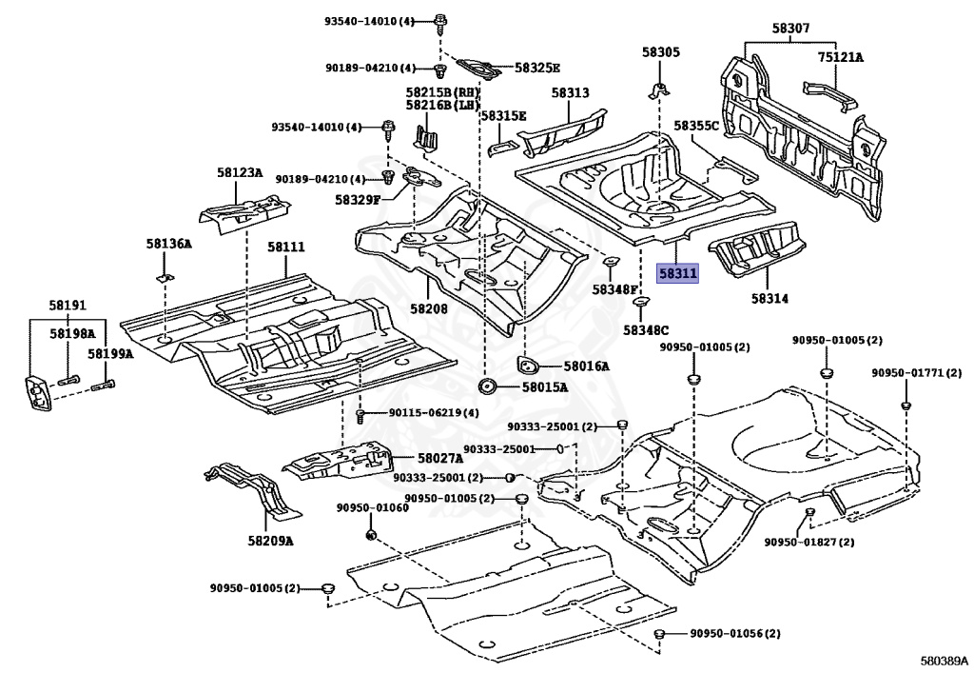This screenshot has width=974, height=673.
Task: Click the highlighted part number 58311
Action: (678, 274)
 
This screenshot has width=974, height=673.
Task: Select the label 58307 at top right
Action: (790, 30)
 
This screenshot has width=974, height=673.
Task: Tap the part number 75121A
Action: (841, 57)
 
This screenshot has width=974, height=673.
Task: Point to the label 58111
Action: (285, 247)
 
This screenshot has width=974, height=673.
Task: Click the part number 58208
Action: (429, 308)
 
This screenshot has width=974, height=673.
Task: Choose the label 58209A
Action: (270, 541)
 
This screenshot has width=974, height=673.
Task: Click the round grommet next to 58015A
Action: (488, 386)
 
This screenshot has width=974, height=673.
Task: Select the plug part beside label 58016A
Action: (526, 366)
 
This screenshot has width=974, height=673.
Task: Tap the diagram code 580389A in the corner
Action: (945, 659)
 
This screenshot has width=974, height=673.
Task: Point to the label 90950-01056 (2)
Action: (734, 634)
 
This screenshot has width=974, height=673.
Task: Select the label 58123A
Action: (239, 172)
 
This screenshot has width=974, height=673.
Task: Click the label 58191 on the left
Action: (68, 306)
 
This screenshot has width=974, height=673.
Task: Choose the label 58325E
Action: (537, 68)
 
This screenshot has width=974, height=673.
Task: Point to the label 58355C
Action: (697, 125)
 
